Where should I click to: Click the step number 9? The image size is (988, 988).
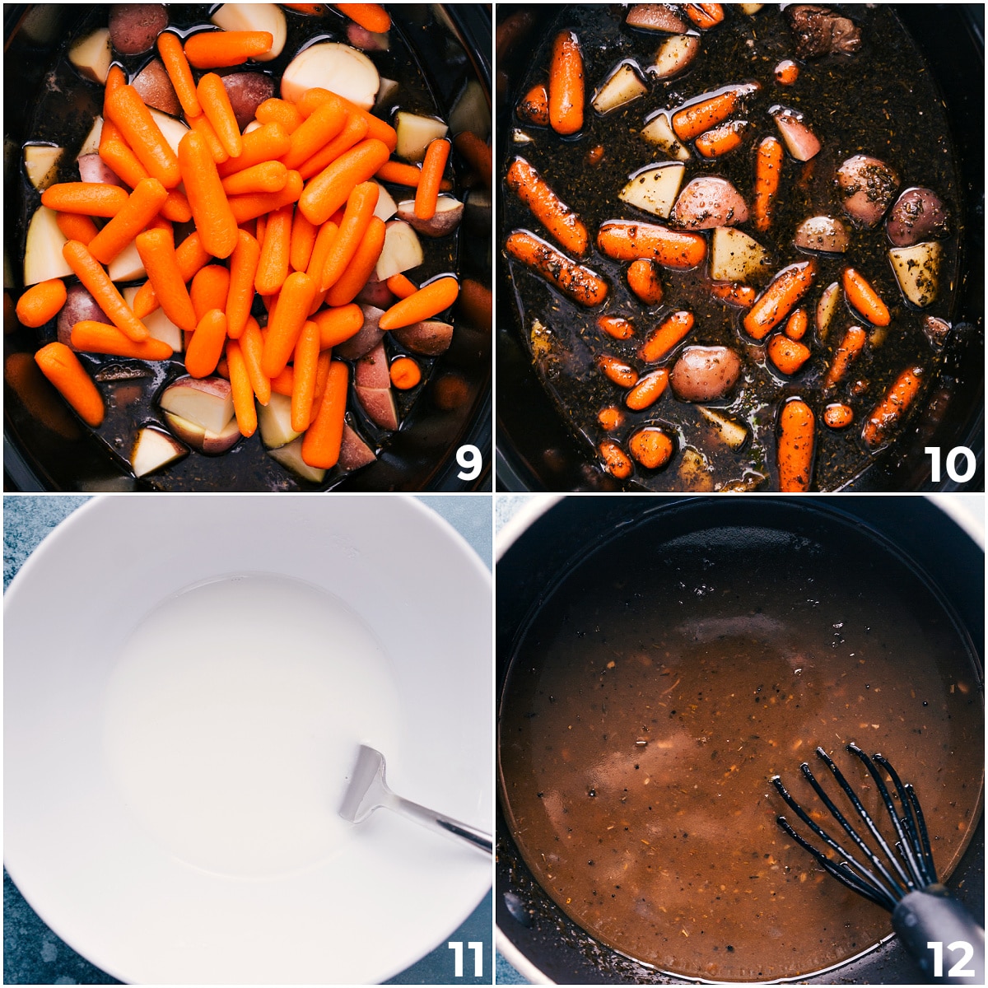point(468,464)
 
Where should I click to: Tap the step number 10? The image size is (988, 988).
point(949,464)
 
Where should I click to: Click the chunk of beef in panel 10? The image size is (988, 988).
point(825,29)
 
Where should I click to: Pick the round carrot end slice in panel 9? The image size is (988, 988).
point(405,372)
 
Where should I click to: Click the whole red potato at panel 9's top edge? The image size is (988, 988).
point(137,26)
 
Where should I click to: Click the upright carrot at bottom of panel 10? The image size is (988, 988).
point(796,445)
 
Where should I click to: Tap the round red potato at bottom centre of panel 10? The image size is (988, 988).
point(705,372)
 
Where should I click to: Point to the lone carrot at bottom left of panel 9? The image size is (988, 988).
point(70,383)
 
